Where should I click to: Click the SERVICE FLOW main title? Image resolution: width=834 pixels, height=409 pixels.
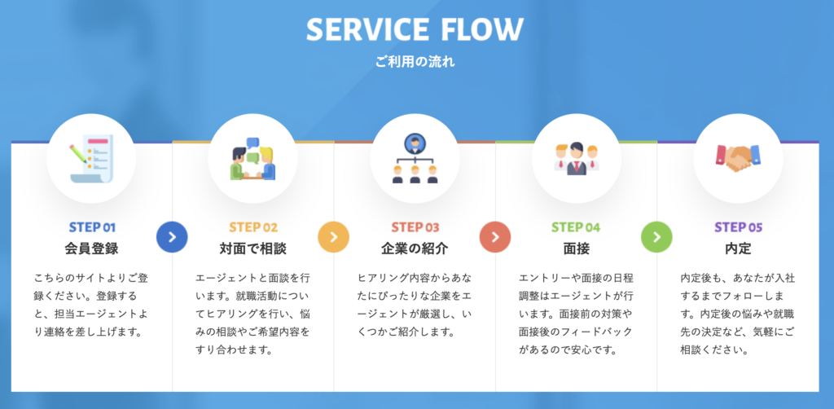415,30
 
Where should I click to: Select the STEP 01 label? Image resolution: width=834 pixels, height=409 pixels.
92,227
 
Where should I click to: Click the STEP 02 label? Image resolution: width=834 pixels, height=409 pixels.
253,227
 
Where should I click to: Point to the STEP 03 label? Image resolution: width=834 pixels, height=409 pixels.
415,227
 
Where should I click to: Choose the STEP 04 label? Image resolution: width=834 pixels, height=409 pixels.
576,227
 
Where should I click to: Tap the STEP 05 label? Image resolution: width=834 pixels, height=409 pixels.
738,227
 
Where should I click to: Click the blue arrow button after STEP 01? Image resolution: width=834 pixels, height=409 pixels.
172,236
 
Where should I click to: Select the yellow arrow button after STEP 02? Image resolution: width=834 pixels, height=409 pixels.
333,236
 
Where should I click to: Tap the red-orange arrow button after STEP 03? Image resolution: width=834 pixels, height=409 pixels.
495,236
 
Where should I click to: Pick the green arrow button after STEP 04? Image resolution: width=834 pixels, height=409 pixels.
657,236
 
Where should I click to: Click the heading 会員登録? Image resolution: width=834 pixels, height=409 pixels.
91,248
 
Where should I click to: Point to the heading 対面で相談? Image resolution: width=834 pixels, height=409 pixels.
253,248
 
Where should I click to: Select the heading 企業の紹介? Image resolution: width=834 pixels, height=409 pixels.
415,248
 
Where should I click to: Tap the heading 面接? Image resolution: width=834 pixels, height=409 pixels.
577,248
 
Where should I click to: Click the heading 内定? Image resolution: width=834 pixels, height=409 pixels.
738,248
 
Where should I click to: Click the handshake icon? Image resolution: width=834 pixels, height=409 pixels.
738,157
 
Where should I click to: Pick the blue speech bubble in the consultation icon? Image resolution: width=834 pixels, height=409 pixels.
252,143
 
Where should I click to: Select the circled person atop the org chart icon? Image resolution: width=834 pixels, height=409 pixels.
415,143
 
